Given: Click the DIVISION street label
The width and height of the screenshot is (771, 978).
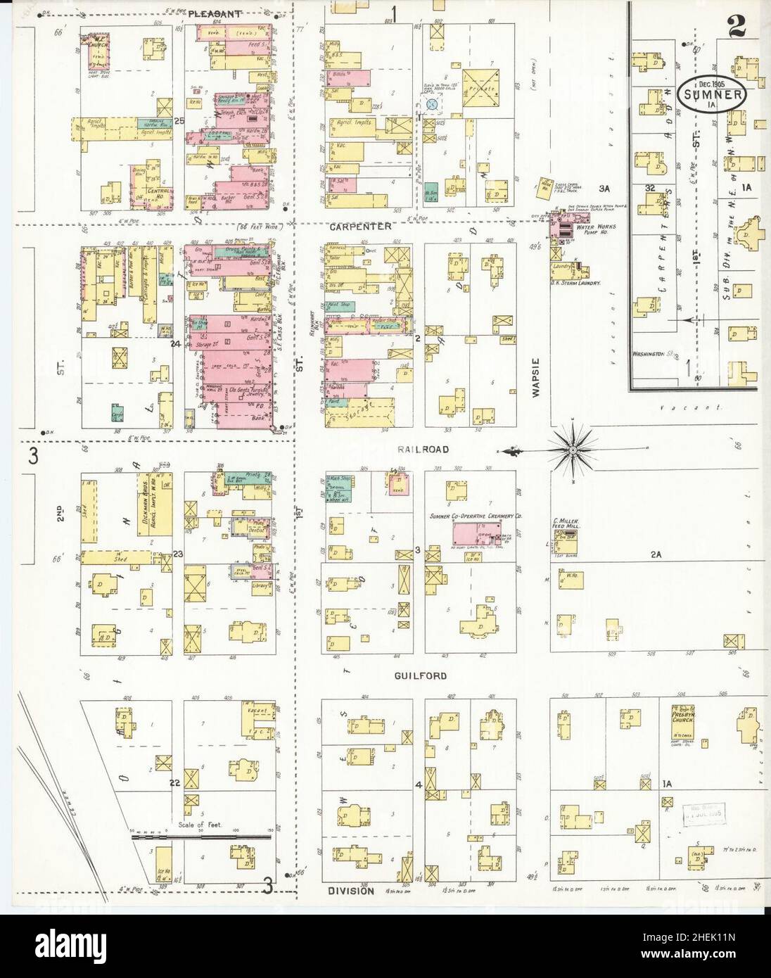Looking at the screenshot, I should click(352, 890).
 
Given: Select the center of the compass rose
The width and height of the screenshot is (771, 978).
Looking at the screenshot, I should click(573, 449).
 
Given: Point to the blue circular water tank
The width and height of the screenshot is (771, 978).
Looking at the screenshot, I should click(433, 104).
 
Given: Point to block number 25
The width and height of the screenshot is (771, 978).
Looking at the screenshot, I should click(179, 121).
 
